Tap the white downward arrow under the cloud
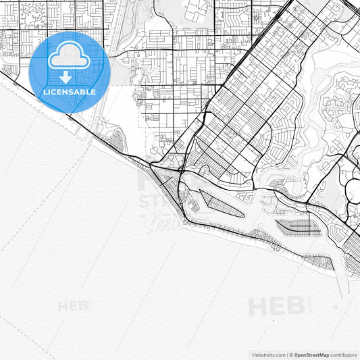click(x=66, y=78)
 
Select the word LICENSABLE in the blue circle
click(x=70, y=92)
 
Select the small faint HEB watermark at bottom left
click(x=73, y=306)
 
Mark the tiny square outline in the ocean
click(x=336, y=307)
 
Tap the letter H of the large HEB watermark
click(x=259, y=306)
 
